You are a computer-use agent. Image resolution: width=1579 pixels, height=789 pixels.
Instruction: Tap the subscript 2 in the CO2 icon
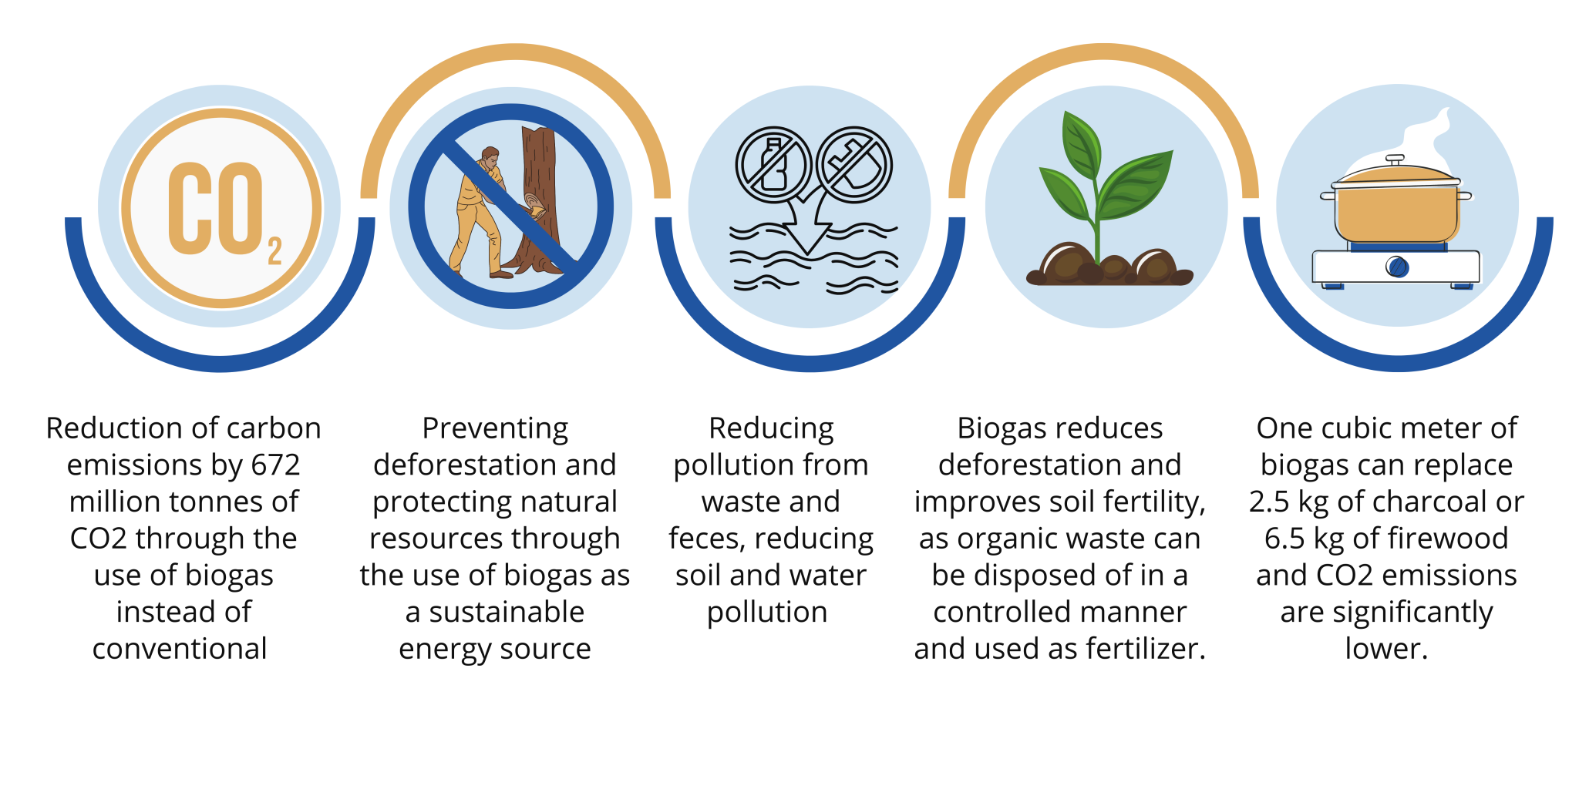[274, 252]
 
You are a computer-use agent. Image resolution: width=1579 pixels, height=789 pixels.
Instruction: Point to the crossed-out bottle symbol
[773, 165]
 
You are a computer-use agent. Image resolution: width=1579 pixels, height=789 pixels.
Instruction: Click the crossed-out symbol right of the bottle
[854, 165]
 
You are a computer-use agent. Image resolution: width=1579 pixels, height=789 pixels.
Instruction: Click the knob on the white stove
[1397, 267]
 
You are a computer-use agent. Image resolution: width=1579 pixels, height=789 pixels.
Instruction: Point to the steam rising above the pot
[1434, 139]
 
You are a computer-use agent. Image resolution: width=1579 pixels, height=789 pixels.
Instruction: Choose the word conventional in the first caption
[180, 649]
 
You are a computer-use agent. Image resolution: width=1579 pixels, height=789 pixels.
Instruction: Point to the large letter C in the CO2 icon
[190, 208]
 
